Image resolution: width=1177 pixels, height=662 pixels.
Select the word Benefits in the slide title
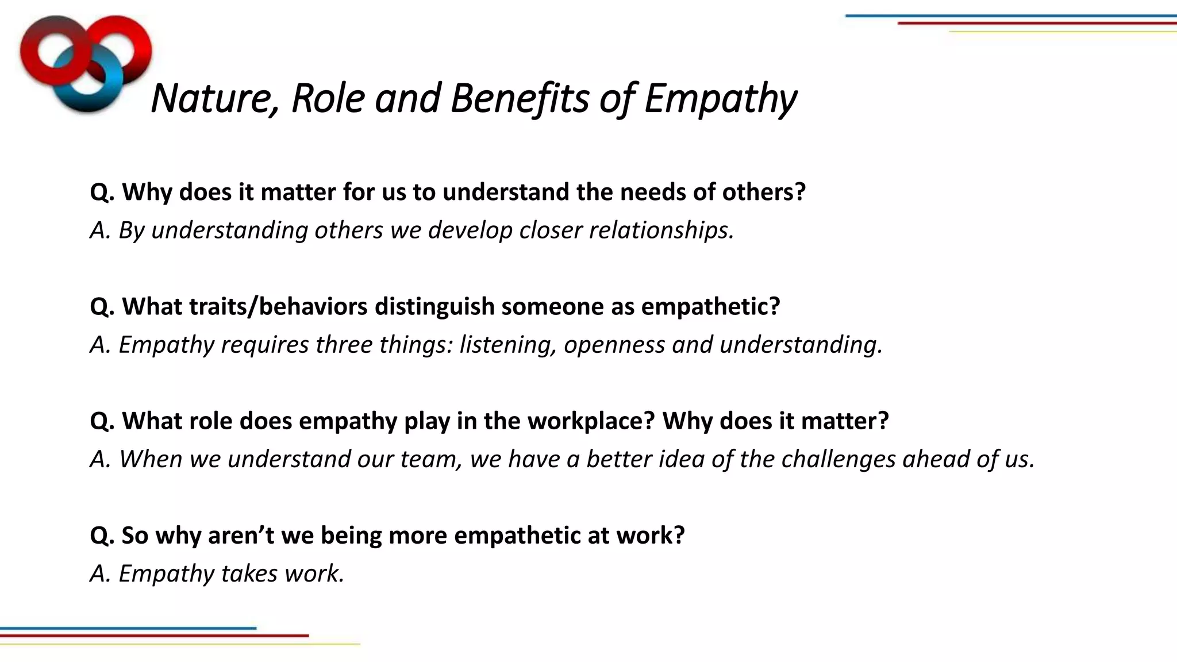[520, 98]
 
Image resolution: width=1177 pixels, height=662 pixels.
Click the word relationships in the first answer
[661, 230]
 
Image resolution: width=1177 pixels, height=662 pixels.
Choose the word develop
[470, 230]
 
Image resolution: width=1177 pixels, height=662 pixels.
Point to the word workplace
[591, 421]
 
